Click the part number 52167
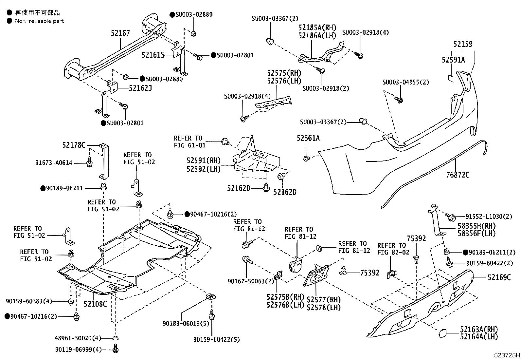click(120, 33)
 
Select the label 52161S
click(153, 55)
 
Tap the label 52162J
click(140, 88)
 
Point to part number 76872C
click(457, 175)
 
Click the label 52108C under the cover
click(95, 304)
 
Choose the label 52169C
click(499, 277)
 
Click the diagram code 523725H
click(507, 355)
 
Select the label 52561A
click(308, 138)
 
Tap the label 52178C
click(74, 145)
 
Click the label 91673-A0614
click(54, 163)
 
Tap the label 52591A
click(453, 60)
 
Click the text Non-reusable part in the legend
click(39, 21)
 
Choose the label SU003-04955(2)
click(405, 82)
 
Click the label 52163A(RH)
click(479, 330)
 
